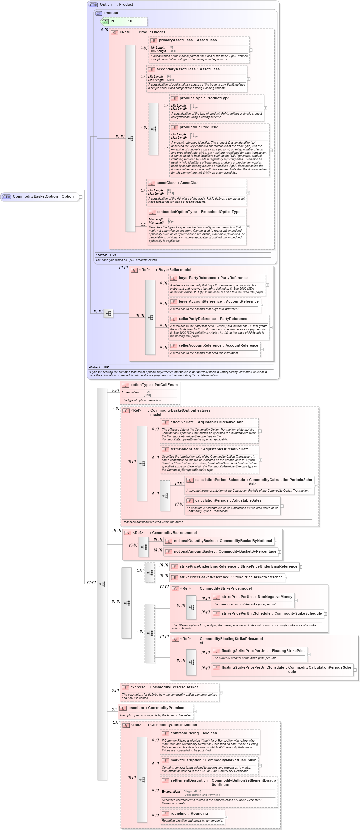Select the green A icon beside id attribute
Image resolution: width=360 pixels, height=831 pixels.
(x=105, y=21)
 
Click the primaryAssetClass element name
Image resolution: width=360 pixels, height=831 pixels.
(x=176, y=40)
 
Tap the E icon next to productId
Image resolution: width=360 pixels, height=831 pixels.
(x=175, y=127)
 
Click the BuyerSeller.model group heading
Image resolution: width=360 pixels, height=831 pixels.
(x=175, y=270)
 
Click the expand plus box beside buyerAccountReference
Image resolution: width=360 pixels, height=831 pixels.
(x=262, y=305)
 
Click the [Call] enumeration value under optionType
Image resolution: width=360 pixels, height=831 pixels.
(x=147, y=395)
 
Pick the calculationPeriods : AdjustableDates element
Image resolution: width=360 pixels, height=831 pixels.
(x=228, y=500)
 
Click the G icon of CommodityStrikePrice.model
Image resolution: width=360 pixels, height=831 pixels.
(x=176, y=589)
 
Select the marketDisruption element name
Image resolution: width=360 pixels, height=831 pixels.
(x=186, y=760)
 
